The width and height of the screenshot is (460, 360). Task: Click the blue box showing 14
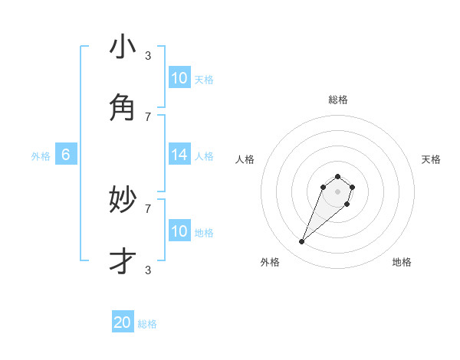pyautogui.click(x=179, y=155)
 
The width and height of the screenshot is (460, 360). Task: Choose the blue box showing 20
pyautogui.click(x=123, y=322)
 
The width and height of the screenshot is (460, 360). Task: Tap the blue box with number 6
pyautogui.click(x=66, y=155)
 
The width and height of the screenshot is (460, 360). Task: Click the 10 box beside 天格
pyautogui.click(x=179, y=78)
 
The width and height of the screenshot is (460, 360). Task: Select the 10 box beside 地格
pyautogui.click(x=179, y=231)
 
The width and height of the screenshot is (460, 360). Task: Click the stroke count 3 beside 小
pyautogui.click(x=148, y=55)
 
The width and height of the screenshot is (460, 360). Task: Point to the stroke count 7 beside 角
pyautogui.click(x=148, y=116)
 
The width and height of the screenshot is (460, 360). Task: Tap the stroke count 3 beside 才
pyautogui.click(x=148, y=270)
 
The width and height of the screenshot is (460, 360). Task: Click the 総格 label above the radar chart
pyautogui.click(x=338, y=100)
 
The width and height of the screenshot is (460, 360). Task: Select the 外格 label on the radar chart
pyautogui.click(x=270, y=262)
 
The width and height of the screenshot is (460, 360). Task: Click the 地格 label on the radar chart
pyautogui.click(x=402, y=262)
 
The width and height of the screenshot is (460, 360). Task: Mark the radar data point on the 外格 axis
pyautogui.click(x=302, y=242)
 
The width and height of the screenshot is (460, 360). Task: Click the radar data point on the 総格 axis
pyautogui.click(x=337, y=177)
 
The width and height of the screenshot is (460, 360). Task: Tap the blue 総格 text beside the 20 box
pyautogui.click(x=147, y=324)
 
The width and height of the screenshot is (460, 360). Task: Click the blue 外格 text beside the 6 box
pyautogui.click(x=41, y=156)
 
